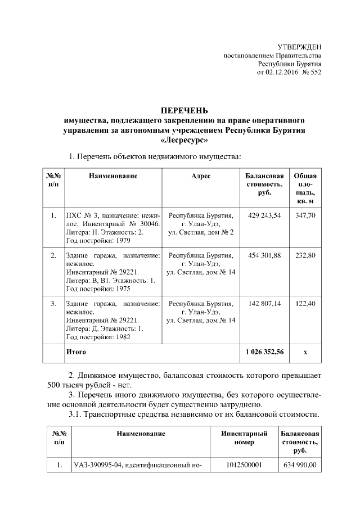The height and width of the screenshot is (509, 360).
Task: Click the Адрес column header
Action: tap(201, 176)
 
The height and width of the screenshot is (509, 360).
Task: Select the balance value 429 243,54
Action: tap(264, 215)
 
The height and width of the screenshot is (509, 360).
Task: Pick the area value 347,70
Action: tap(305, 215)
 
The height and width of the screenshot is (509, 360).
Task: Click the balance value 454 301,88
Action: tap(264, 256)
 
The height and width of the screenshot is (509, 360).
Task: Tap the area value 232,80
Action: tap(305, 256)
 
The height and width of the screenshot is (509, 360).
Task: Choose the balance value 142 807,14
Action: tap(264, 304)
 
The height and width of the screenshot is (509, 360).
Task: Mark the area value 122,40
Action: tap(305, 304)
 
